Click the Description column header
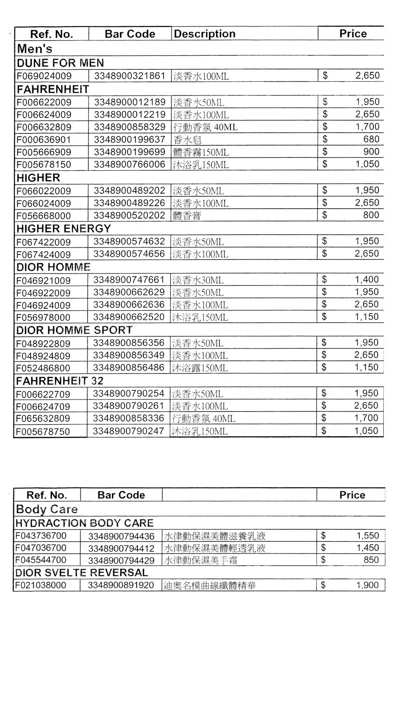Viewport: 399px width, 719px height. coord(204,34)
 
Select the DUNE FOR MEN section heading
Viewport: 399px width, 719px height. coord(60,63)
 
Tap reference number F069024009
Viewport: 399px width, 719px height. coord(44,76)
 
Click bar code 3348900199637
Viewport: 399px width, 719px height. coord(130,140)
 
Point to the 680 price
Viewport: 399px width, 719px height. coord(371,139)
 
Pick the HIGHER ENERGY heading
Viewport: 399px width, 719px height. coord(64,229)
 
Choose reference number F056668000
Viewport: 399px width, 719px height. coord(43,216)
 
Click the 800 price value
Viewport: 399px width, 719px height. coord(371,215)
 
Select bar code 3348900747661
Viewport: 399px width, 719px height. coord(129,280)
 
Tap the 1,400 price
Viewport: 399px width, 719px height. coord(367,280)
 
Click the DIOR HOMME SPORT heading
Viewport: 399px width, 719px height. coord(74,330)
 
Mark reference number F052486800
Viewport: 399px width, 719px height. coord(43,368)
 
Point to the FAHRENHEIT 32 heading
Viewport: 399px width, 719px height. coord(59,381)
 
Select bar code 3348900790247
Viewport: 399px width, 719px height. coord(128,431)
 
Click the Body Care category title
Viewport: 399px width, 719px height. coord(46,509)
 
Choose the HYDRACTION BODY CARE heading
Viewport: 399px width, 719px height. coord(84,523)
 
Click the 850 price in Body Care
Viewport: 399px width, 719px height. coord(371,560)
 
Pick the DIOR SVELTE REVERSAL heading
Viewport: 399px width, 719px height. coord(81,573)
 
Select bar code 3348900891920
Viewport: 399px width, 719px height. coord(121,586)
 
